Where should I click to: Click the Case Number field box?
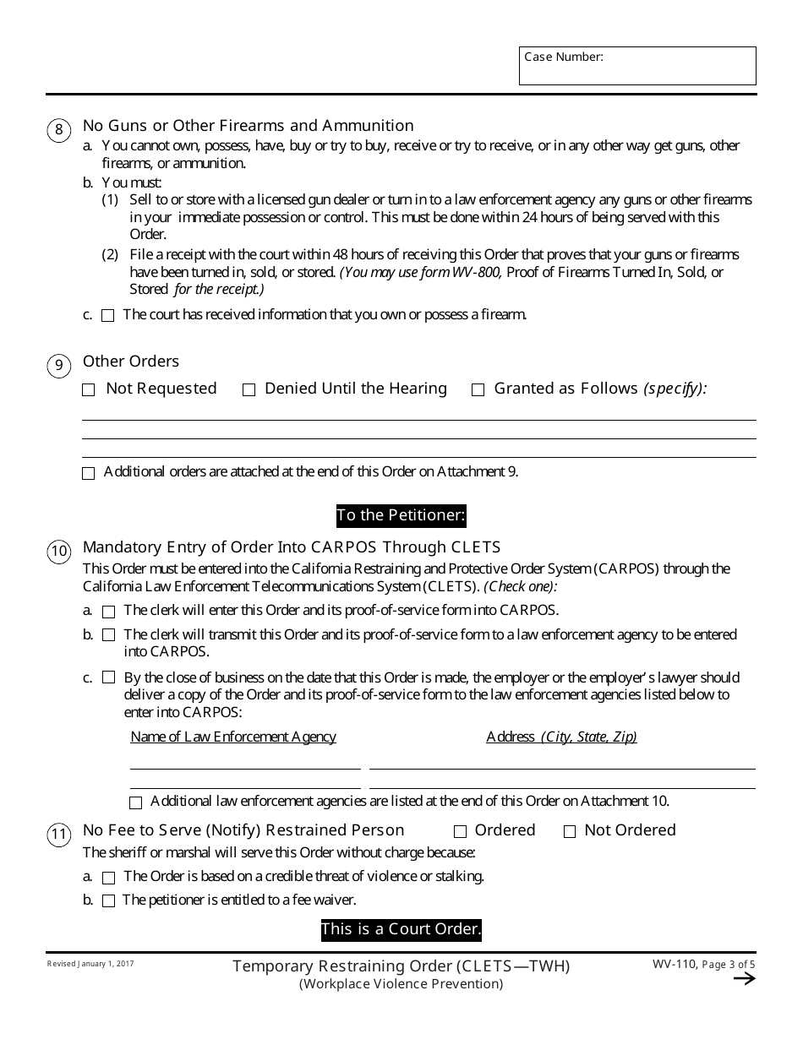click(637, 66)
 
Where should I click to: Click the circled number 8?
click(58, 130)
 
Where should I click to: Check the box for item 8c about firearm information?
click(108, 316)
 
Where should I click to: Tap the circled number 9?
click(58, 366)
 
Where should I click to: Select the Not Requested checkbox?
click(89, 390)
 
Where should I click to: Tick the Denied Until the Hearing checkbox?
click(249, 390)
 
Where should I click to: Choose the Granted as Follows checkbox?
click(478, 390)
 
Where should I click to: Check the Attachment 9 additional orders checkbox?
click(89, 474)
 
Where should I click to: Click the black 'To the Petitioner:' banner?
click(401, 515)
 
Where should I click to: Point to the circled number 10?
click(58, 552)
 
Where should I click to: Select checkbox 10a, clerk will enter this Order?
click(108, 612)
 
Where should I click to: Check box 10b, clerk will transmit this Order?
click(108, 635)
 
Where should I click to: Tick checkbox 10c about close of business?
click(108, 678)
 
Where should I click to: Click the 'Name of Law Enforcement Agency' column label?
click(233, 737)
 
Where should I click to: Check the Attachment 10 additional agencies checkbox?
click(135, 802)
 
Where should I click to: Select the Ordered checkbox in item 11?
click(461, 832)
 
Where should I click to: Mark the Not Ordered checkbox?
click(570, 832)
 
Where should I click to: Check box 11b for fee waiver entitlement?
click(108, 901)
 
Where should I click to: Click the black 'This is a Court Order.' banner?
click(401, 930)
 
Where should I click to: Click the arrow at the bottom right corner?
click(744, 979)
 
